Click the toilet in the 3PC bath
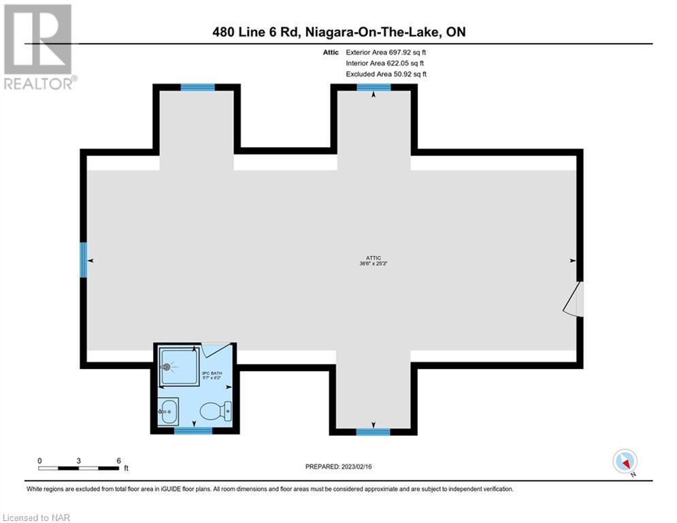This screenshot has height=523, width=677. [x=216, y=411]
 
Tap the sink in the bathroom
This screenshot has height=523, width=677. [x=168, y=411]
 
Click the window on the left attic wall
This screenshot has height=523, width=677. [x=83, y=259]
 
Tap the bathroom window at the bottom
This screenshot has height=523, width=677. [x=193, y=430]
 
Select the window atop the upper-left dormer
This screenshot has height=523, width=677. [x=197, y=87]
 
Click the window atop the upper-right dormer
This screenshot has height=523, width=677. [x=374, y=87]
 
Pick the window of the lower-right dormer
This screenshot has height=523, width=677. [x=373, y=431]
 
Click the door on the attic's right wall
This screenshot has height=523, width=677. [x=574, y=299]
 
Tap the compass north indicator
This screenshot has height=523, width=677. [x=625, y=462]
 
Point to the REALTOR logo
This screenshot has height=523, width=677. [x=39, y=46]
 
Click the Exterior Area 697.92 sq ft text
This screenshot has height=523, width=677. [x=386, y=52]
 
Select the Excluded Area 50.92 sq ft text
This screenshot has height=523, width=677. [x=386, y=74]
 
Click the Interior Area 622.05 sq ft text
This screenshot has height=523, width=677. [x=384, y=63]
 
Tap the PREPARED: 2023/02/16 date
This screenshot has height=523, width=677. [x=339, y=466]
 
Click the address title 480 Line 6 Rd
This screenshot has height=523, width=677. [x=256, y=32]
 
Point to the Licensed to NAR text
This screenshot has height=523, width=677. [x=36, y=518]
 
